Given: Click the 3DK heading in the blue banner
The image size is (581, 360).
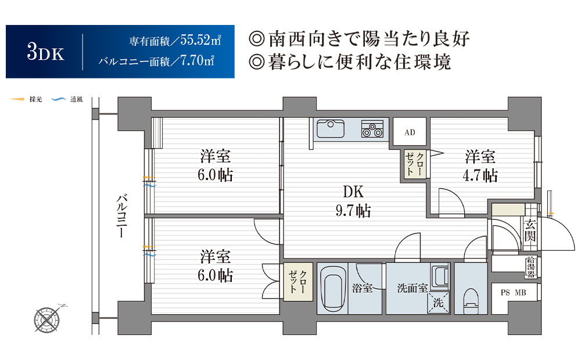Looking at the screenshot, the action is click(45, 52).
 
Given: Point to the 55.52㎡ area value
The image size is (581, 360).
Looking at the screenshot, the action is click(201, 40).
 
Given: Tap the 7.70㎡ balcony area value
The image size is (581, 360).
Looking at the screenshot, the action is click(197, 60).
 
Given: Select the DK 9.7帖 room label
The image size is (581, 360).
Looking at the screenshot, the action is click(353, 201).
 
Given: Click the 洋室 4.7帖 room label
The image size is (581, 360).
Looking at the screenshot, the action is click(480, 166).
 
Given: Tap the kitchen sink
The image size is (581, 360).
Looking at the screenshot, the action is click(331, 128).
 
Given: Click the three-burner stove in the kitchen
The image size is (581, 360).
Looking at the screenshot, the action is click(372, 129).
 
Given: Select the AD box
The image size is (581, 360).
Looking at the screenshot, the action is click(410, 132).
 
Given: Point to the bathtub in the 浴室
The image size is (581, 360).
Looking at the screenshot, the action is click(333, 289).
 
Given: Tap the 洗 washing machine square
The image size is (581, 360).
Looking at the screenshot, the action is click(439, 303).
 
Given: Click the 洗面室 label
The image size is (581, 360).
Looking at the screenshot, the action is click(413, 288).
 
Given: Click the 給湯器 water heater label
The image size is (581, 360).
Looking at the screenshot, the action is click(531, 267).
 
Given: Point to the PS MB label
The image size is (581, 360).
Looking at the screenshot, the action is click(513, 293).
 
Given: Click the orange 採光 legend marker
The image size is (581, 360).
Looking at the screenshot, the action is click(17, 99).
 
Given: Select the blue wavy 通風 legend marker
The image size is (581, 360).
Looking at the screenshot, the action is click(58, 99).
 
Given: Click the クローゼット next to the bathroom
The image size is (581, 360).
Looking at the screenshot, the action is click(298, 282).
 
